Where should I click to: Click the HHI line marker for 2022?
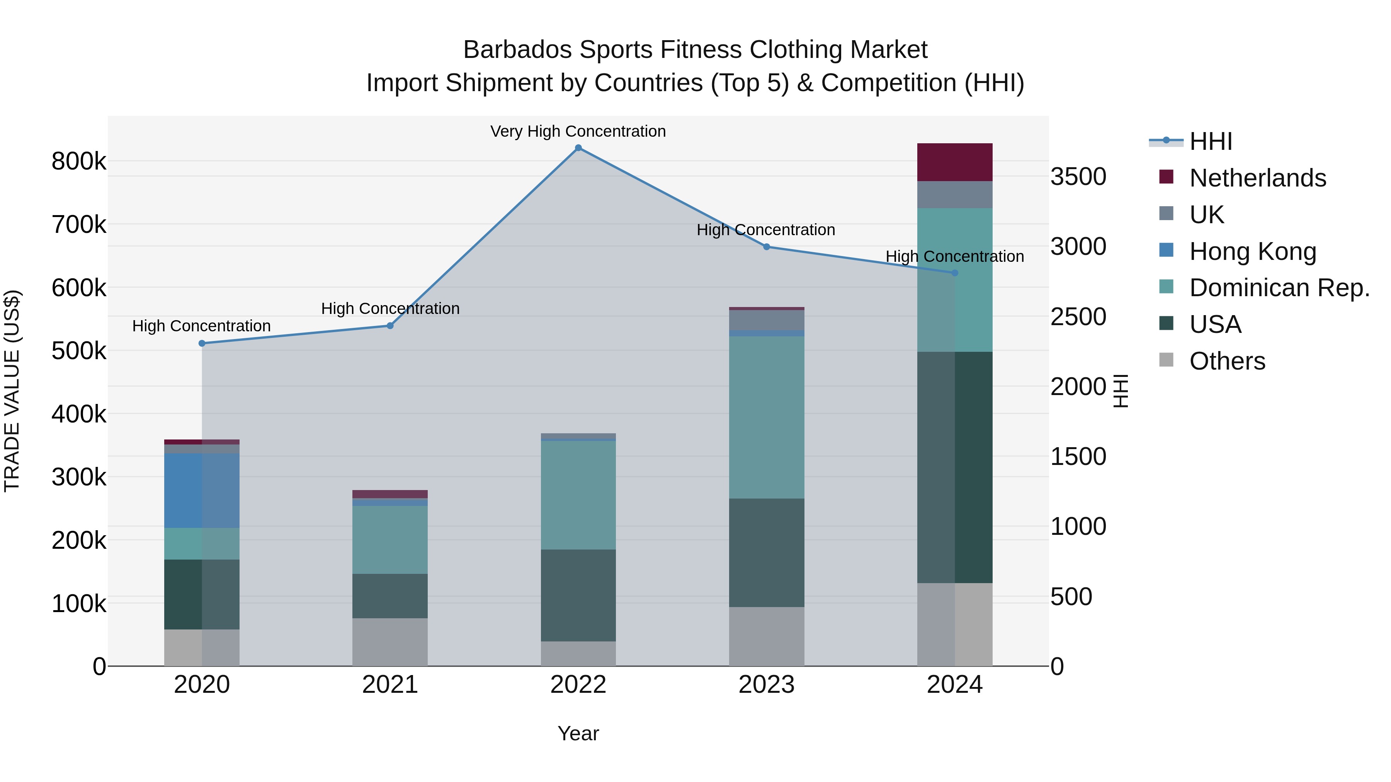click(578, 148)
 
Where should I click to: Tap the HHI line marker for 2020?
click(202, 343)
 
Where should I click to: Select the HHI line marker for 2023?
click(766, 247)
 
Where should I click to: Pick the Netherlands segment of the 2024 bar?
click(955, 162)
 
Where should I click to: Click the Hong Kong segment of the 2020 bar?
click(202, 490)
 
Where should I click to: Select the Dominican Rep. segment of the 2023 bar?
click(766, 417)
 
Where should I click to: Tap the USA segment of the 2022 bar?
click(578, 595)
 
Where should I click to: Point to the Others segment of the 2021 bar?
click(390, 642)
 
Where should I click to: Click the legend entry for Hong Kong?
click(1252, 251)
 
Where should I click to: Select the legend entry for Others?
click(1227, 361)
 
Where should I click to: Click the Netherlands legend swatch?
click(1167, 177)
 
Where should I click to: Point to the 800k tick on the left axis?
click(79, 161)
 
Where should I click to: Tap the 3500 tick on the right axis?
click(1078, 177)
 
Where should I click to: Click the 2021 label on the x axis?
click(390, 685)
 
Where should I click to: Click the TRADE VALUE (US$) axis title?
click(12, 391)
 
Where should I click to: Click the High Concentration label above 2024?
click(955, 256)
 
